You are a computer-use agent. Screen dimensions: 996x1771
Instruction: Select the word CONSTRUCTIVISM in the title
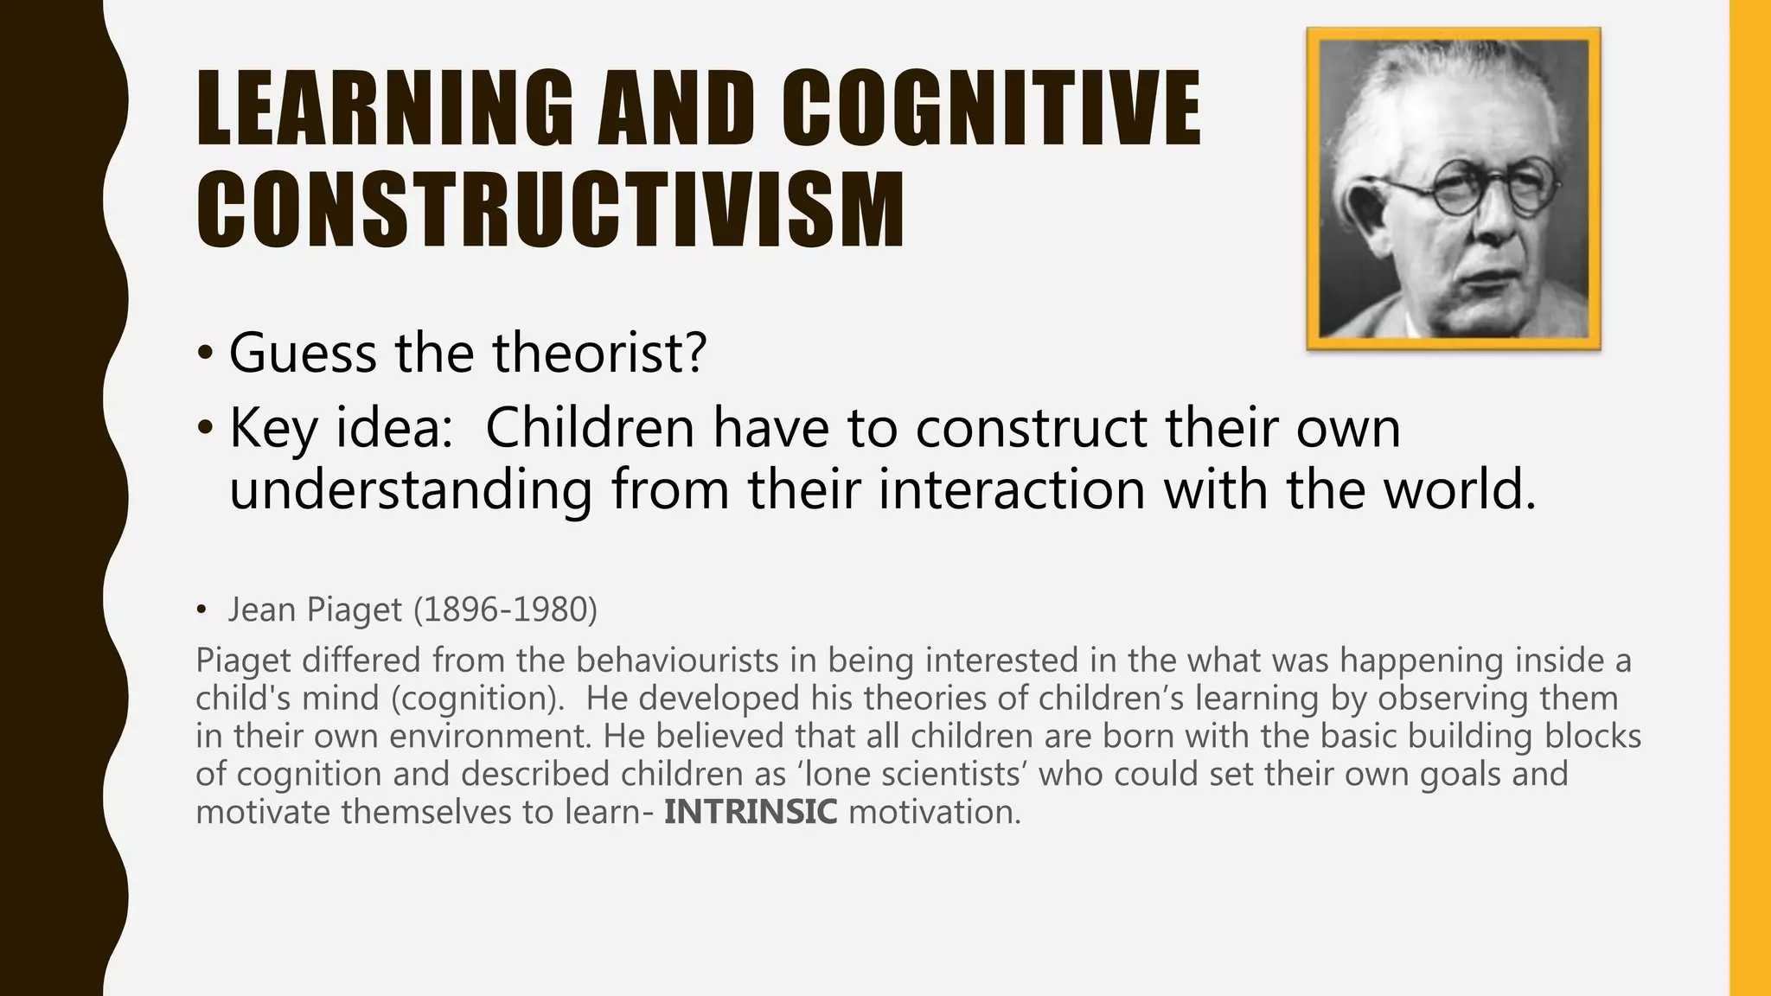pos(550,210)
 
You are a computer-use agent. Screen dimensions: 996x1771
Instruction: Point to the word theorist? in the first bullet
pos(599,353)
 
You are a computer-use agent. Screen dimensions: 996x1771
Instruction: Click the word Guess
pos(302,353)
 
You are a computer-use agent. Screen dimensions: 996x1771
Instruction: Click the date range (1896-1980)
pos(505,610)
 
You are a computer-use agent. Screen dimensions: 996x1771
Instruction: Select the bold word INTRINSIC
pos(751,812)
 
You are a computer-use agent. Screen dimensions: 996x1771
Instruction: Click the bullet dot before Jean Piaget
pos(201,610)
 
